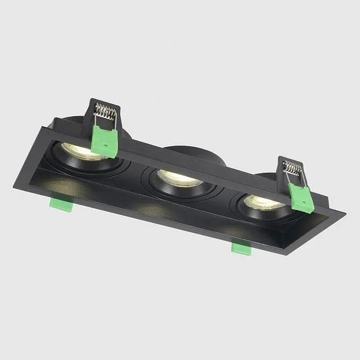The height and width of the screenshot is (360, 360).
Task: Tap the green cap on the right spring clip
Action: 301,197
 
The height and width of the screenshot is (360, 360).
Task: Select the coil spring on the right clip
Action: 292,169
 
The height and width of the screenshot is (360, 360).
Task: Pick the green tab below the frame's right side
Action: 241,247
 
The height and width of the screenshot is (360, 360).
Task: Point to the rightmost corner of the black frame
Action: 345,216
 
